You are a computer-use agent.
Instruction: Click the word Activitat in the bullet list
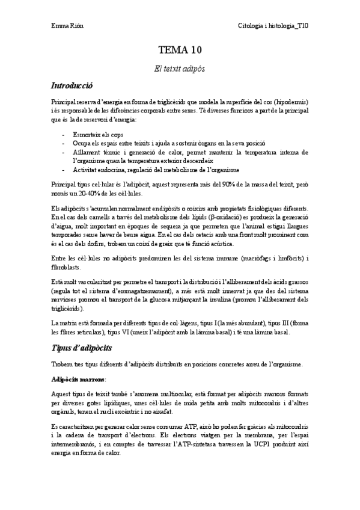86,170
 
